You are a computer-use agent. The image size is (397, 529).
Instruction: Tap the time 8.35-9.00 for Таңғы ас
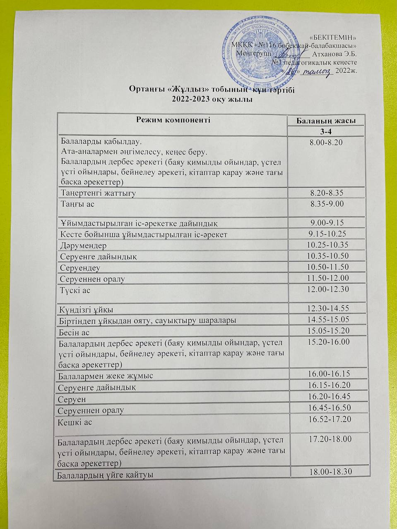pos(327,204)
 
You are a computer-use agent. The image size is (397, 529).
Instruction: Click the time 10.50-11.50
pos(328,267)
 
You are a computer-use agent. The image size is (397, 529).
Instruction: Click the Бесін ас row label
pos(74,332)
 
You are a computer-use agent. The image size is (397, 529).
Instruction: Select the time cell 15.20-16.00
pos(329,342)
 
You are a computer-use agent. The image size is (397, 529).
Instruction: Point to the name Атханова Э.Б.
pos(335,54)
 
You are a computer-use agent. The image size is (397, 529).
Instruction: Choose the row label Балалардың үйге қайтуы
pos(105,475)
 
